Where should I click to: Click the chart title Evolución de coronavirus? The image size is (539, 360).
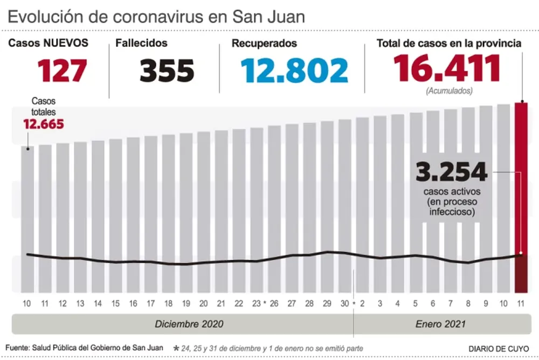click(156, 16)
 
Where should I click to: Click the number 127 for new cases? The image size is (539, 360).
click(62, 70)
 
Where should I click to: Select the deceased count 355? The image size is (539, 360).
click(167, 70)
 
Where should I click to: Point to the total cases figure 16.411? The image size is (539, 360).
click(447, 68)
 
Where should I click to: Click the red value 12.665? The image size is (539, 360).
click(43, 124)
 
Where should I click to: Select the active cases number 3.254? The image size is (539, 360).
click(451, 172)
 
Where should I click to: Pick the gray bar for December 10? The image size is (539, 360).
click(27, 216)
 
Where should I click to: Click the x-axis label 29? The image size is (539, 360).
click(327, 303)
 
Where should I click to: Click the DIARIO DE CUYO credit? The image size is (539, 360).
click(499, 348)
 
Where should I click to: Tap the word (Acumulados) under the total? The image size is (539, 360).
click(448, 91)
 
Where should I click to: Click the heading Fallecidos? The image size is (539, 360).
click(141, 43)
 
